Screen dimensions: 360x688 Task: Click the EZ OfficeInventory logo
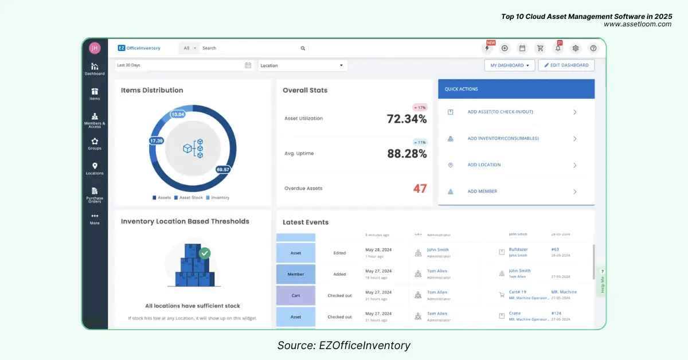click(x=139, y=48)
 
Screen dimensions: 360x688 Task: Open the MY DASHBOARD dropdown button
click(x=509, y=65)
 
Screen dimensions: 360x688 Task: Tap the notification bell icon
click(x=558, y=49)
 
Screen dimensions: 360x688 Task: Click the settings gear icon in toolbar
click(x=576, y=49)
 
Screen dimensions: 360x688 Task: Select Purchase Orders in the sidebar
click(x=95, y=195)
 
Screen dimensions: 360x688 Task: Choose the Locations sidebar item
click(x=95, y=169)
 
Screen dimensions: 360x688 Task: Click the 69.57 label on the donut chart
click(x=223, y=170)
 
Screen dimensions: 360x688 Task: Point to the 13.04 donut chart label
click(x=178, y=114)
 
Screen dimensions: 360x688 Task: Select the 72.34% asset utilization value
click(x=406, y=119)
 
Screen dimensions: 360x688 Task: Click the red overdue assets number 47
click(x=420, y=189)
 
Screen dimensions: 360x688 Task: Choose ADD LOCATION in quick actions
click(x=484, y=165)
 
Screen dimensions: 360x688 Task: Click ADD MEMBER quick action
click(x=482, y=191)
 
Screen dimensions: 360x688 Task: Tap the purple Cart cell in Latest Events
click(x=296, y=295)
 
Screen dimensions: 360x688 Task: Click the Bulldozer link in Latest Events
click(x=518, y=249)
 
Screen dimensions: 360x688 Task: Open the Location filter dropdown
click(x=303, y=65)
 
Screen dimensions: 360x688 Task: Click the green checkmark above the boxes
click(x=205, y=252)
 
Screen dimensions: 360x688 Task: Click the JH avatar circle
click(x=95, y=48)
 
